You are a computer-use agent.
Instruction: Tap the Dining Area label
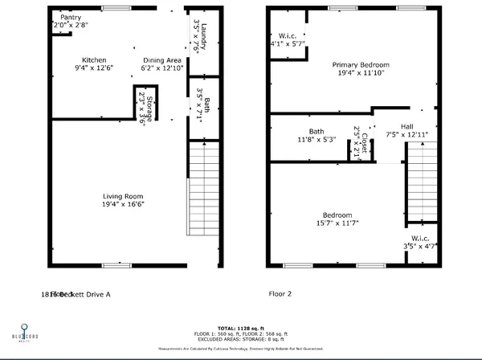click(x=162, y=60)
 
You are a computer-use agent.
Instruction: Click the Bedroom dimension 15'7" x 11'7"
click(x=337, y=223)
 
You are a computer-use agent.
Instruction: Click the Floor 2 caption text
click(x=279, y=294)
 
